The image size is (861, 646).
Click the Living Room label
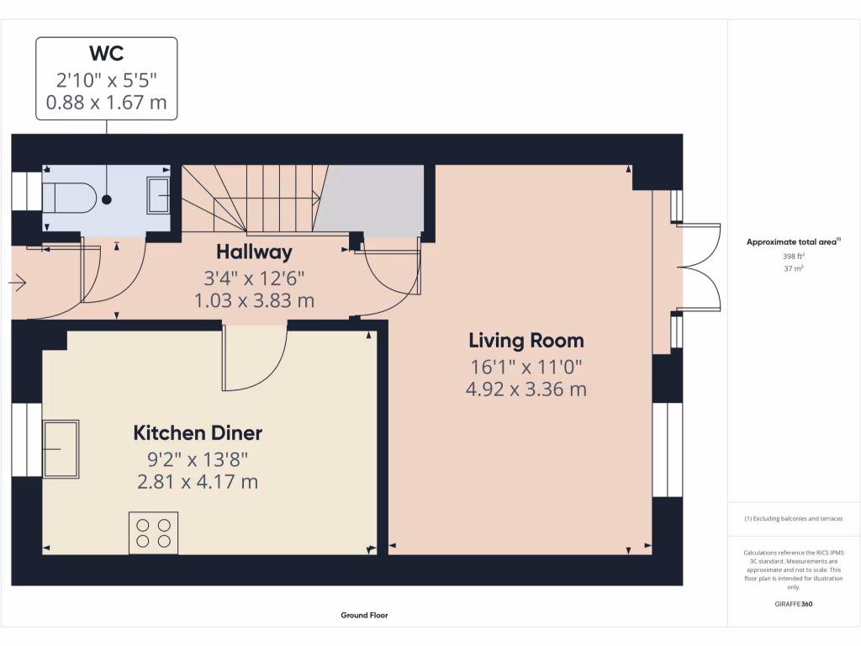click(x=526, y=341)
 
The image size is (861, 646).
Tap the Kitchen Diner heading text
click(x=198, y=433)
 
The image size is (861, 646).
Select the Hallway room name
click(x=254, y=252)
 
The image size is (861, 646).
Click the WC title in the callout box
click(x=107, y=54)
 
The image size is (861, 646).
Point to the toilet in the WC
click(x=71, y=198)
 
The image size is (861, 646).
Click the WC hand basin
click(x=158, y=195)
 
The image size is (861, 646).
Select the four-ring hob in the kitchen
click(x=153, y=532)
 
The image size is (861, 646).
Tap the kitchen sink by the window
click(x=61, y=448)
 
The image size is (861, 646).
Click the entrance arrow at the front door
click(x=17, y=284)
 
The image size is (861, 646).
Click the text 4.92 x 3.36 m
click(x=526, y=389)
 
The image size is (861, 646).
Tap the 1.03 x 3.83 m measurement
click(x=254, y=300)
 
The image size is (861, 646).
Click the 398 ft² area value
click(x=794, y=257)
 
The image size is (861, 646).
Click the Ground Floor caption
click(x=364, y=615)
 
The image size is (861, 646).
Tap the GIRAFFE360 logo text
click(x=794, y=604)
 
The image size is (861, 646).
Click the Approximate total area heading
click(x=793, y=242)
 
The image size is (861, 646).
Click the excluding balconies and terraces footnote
click(x=793, y=519)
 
